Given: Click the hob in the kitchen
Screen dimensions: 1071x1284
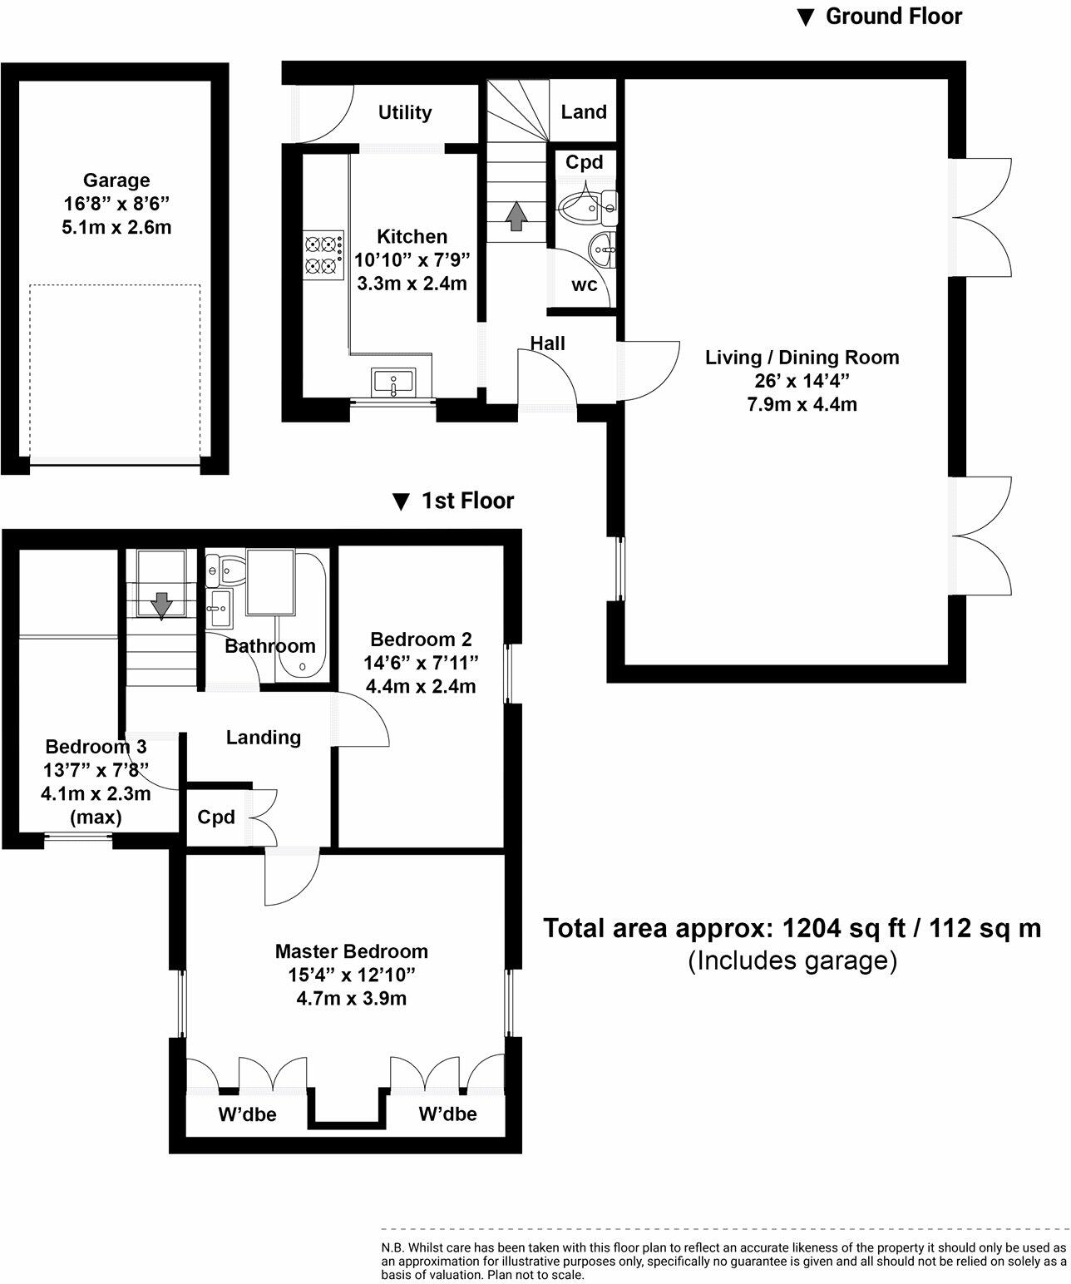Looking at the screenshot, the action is [x=323, y=255].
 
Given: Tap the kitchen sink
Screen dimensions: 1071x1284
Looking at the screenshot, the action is [x=393, y=383].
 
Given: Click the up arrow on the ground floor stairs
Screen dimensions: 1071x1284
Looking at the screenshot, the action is [x=516, y=216].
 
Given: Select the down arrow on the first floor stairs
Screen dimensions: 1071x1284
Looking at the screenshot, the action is [x=161, y=605].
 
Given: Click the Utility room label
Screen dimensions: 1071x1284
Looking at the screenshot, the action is [x=405, y=112].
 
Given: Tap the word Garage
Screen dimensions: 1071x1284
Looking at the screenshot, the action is [x=116, y=180].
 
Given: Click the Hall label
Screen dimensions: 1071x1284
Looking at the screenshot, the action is [x=548, y=343].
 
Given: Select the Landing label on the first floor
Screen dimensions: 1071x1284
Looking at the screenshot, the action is [x=263, y=738].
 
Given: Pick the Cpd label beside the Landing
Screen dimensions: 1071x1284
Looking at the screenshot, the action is [x=216, y=817].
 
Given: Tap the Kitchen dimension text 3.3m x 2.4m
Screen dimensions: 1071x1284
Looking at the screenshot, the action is [x=412, y=284].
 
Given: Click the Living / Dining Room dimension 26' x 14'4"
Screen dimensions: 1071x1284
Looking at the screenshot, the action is [x=802, y=381].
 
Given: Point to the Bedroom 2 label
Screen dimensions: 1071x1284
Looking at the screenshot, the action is [x=421, y=640].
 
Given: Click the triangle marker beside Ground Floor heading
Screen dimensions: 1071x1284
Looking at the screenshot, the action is [x=806, y=17].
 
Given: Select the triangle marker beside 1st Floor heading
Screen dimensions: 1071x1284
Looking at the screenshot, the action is [x=401, y=501].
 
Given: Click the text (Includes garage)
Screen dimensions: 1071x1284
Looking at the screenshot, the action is [x=792, y=961].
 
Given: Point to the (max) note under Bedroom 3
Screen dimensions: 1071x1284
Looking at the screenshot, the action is [x=96, y=817].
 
